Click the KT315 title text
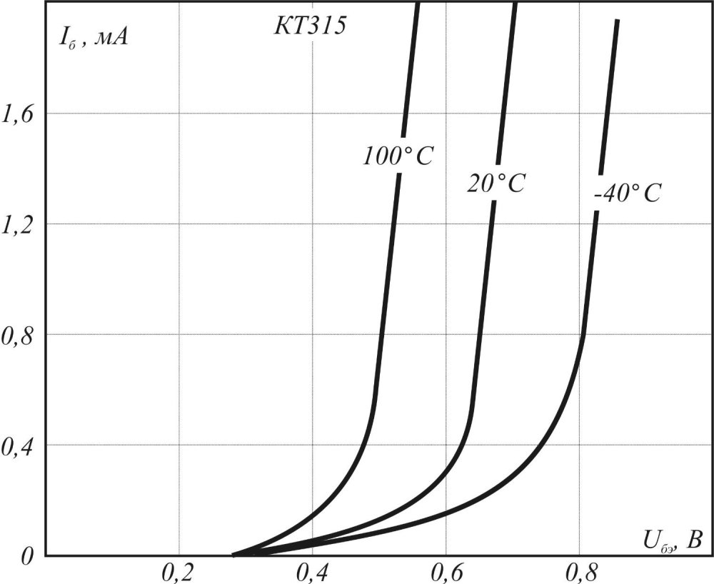click(x=310, y=26)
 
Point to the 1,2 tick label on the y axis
click(x=21, y=224)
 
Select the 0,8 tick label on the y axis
click(x=21, y=334)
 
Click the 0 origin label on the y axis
click(x=27, y=555)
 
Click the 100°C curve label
click(x=398, y=156)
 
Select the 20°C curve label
click(x=496, y=183)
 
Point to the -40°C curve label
click(x=627, y=193)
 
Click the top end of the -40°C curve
click(x=616, y=21)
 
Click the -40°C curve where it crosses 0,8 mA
click(x=582, y=334)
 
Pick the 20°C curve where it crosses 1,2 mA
click(x=489, y=224)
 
